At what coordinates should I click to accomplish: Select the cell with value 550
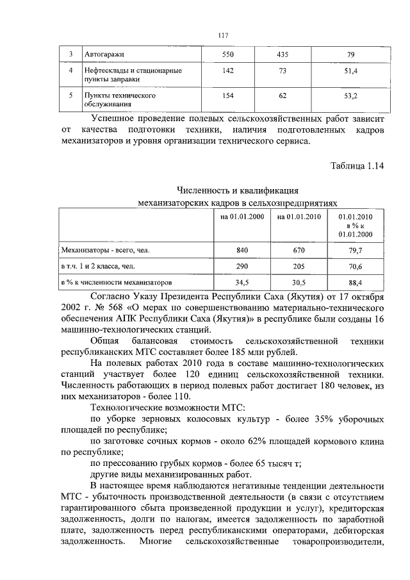pos(228,54)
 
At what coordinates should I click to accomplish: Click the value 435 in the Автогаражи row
pos(283,54)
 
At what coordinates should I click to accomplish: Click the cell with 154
pos(228,97)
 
